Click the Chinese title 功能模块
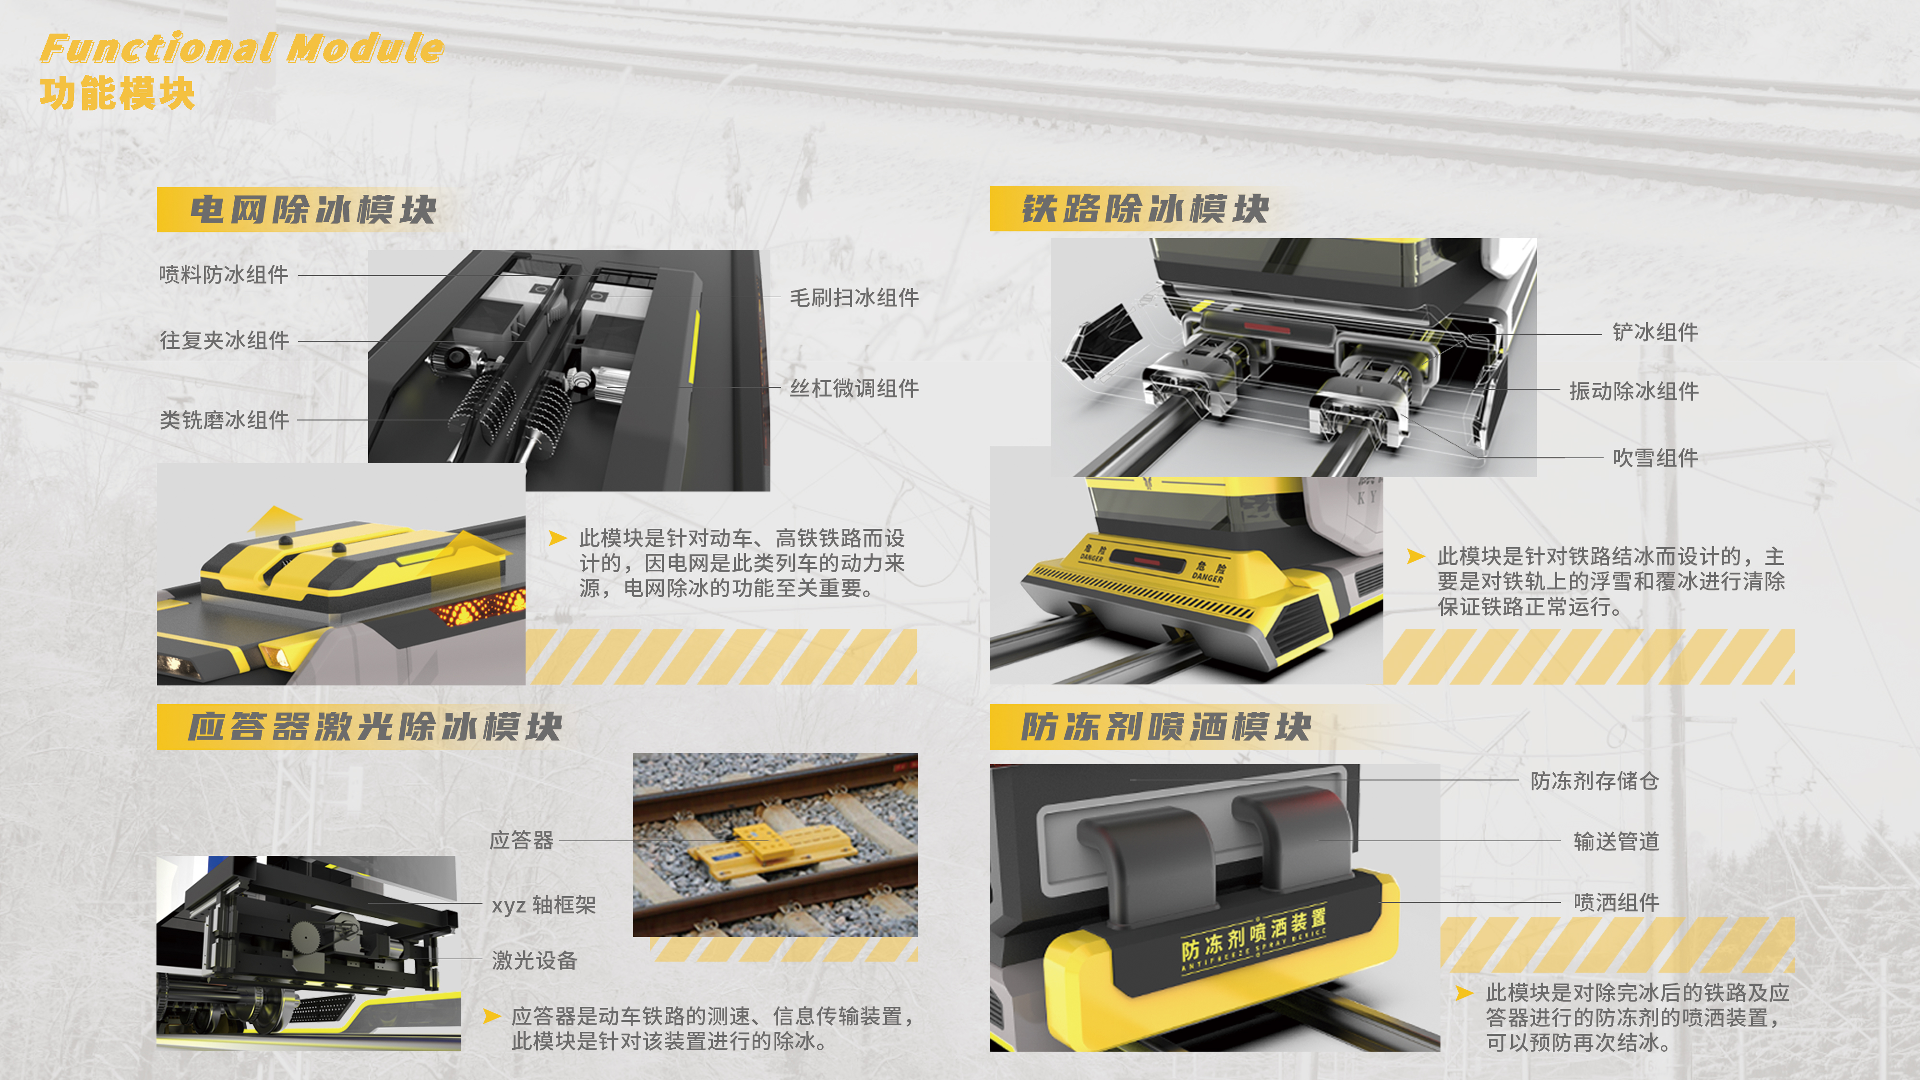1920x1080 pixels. click(x=117, y=94)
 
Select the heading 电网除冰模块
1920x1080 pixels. click(x=313, y=209)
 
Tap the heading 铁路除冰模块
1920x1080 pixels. click(x=1145, y=209)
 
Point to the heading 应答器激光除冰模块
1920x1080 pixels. click(x=374, y=727)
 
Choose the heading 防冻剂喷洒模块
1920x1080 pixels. click(x=1166, y=727)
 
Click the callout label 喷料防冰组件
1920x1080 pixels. click(x=224, y=274)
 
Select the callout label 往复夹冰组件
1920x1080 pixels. click(x=224, y=341)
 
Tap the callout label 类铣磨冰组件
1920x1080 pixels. click(x=224, y=420)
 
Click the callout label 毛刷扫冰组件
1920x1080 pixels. click(x=854, y=298)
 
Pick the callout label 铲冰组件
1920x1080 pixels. click(x=1656, y=333)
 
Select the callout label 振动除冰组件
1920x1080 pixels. click(x=1634, y=391)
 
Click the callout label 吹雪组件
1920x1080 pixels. click(x=1656, y=457)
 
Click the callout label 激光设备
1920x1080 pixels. click(x=534, y=961)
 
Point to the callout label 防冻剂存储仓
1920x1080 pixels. click(x=1594, y=781)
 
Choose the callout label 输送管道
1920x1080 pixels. click(x=1616, y=841)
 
